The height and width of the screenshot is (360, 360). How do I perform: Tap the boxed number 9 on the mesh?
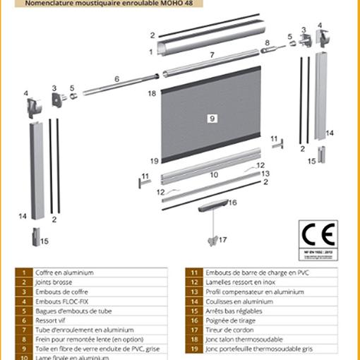(x=211, y=119)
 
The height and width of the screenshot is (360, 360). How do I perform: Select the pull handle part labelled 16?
(x=212, y=205)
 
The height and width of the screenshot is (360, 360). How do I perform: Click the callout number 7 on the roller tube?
(x=212, y=54)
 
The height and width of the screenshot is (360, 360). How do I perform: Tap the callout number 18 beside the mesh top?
(x=152, y=93)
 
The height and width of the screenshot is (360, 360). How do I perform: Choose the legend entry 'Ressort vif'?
(x=53, y=320)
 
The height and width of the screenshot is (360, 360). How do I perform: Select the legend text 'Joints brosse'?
(x=56, y=282)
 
